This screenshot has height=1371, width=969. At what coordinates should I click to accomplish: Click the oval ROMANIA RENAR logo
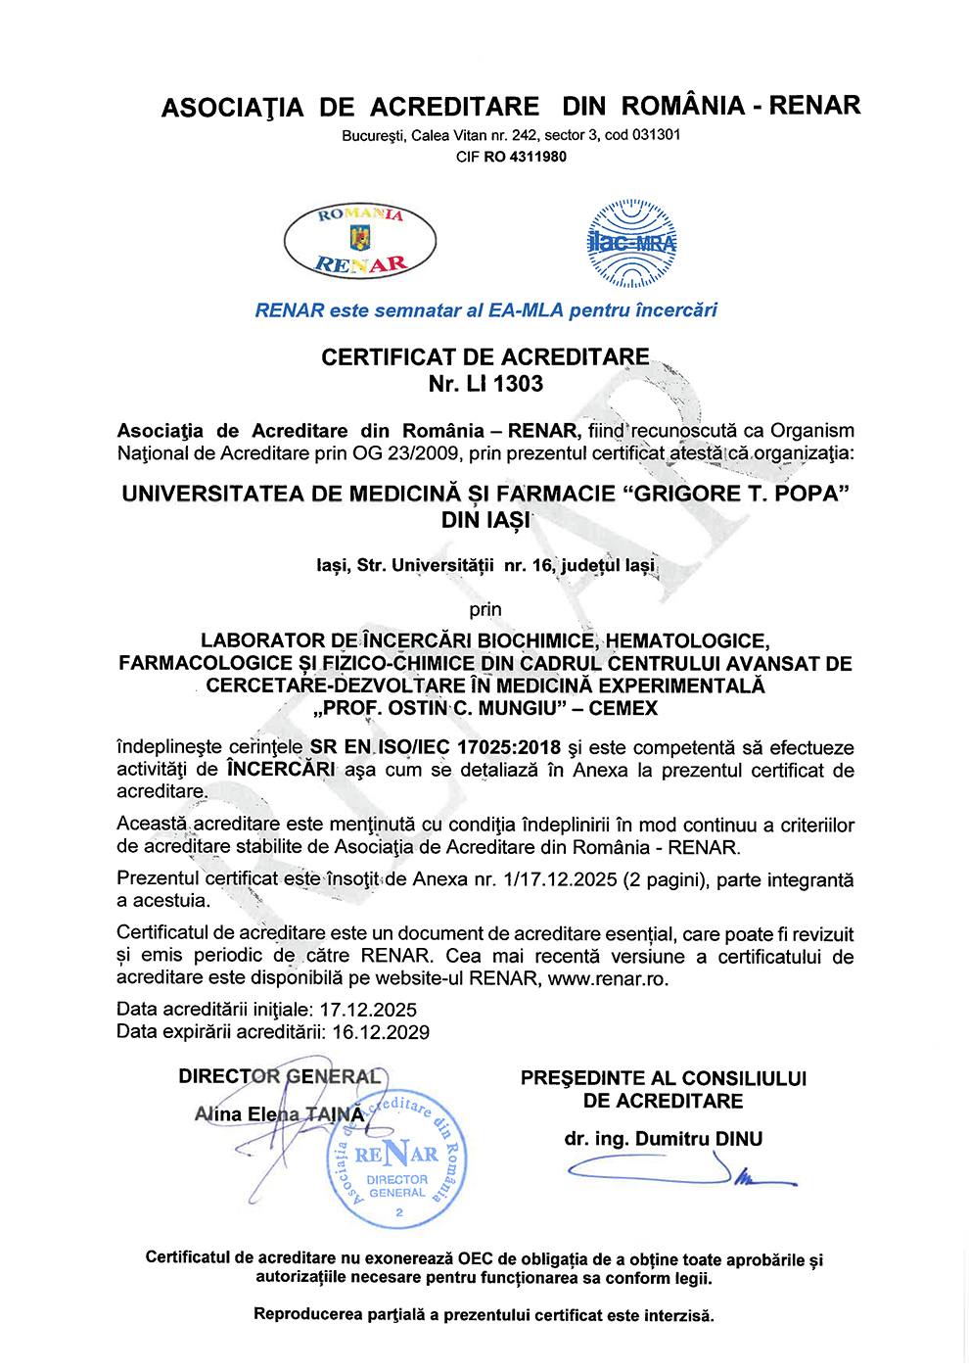pyautogui.click(x=359, y=240)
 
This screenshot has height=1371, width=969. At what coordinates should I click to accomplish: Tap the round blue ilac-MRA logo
pyautogui.click(x=631, y=243)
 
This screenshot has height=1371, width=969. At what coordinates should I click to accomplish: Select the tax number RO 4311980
pyautogui.click(x=525, y=157)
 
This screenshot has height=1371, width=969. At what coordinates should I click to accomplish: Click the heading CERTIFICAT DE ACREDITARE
pyautogui.click(x=484, y=357)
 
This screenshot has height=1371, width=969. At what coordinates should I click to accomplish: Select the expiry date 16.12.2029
pyautogui.click(x=381, y=1032)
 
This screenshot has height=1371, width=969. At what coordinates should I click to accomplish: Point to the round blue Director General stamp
pyautogui.click(x=396, y=1159)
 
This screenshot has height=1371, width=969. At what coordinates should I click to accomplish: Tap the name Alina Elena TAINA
pyautogui.click(x=279, y=1114)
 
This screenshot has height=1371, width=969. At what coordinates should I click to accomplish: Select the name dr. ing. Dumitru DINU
pyautogui.click(x=663, y=1139)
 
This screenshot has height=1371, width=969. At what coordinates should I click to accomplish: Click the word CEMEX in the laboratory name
pyautogui.click(x=623, y=708)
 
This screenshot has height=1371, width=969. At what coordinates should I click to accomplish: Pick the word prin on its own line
pyautogui.click(x=484, y=609)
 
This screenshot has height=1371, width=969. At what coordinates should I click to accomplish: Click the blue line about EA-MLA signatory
pyautogui.click(x=485, y=310)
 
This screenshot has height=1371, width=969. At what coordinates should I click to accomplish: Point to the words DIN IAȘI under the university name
pyautogui.click(x=484, y=520)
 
